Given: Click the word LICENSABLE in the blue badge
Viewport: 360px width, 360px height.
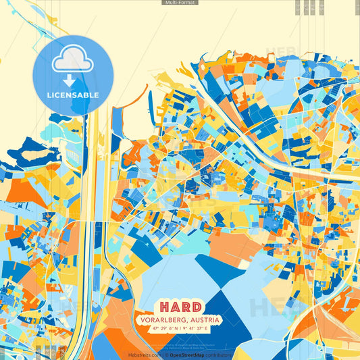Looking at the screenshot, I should coord(73,95).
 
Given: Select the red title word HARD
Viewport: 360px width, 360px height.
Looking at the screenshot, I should coord(180,307).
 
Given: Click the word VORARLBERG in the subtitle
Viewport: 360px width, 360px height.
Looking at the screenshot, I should coord(164,319).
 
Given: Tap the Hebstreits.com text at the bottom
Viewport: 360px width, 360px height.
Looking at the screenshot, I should coord(143,355).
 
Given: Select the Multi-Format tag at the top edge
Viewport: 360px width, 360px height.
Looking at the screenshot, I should coord(180,3).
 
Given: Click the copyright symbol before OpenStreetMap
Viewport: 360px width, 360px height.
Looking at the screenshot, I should coord(166,355).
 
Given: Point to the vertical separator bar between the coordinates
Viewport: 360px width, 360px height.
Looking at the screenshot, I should coord(181,328).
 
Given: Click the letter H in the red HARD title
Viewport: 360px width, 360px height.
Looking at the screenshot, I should coord(165,307).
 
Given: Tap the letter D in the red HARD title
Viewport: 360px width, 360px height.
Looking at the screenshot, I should coord(196,307).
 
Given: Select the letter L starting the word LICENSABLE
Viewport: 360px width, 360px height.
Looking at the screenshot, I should coord(49,95).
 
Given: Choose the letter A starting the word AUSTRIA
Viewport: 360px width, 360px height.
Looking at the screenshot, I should coord(192,319).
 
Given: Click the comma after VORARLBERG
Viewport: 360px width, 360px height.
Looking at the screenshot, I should coord(187,322).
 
